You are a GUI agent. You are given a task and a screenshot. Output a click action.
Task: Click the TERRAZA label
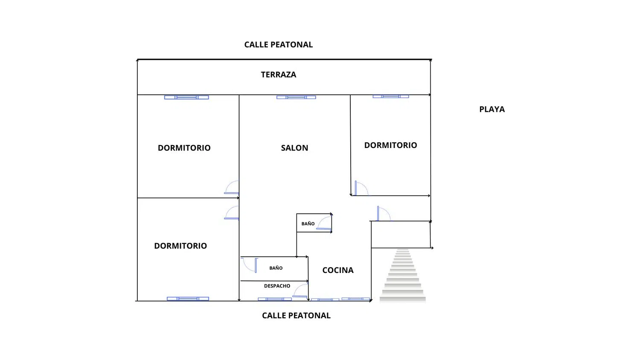pyautogui.click(x=278, y=75)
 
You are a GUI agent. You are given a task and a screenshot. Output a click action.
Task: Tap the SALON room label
pyautogui.click(x=294, y=148)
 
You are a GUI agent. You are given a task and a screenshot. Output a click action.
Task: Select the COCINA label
pyautogui.click(x=338, y=270)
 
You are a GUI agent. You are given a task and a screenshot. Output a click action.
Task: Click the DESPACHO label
pyautogui.click(x=277, y=286)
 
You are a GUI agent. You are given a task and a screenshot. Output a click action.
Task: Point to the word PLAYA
pyautogui.click(x=492, y=109)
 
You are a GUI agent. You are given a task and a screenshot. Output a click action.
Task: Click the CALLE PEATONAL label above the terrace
pyautogui.click(x=278, y=45)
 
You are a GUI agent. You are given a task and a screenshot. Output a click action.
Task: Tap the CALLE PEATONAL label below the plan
pyautogui.click(x=296, y=316)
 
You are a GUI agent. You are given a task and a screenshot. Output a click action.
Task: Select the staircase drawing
pyautogui.click(x=403, y=275)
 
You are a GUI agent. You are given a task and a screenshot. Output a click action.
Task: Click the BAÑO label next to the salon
pyautogui.click(x=308, y=224)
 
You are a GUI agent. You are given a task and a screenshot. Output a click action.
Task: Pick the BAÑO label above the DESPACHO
pyautogui.click(x=276, y=268)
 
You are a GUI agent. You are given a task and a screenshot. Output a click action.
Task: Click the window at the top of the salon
pyautogui.click(x=296, y=97)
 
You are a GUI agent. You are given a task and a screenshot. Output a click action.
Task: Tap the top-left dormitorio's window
pyautogui.click(x=186, y=97)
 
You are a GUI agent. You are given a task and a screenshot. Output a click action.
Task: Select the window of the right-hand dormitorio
pyautogui.click(x=391, y=96)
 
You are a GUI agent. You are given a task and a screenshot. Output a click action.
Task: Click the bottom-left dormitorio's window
pyautogui.click(x=188, y=299)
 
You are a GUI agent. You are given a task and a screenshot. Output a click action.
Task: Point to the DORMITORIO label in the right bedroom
pyautogui.click(x=390, y=145)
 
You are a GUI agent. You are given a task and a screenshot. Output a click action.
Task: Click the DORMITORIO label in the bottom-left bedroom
pyautogui.click(x=180, y=246)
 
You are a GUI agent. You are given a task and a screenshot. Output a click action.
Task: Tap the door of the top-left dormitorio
pyautogui.click(x=232, y=188)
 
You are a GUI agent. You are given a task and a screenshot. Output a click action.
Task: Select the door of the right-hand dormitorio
pyautogui.click(x=361, y=188)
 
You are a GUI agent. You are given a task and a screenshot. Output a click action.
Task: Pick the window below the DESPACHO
pyautogui.click(x=275, y=299)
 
